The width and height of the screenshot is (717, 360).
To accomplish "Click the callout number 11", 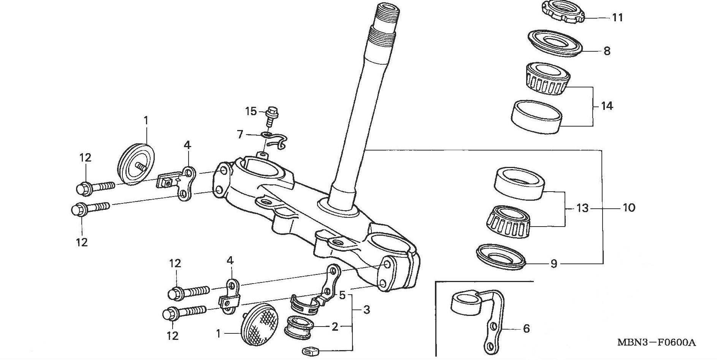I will click(x=617, y=18).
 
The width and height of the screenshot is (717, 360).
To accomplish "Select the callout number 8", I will click(x=607, y=51).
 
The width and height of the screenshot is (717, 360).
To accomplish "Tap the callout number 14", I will click(x=607, y=106).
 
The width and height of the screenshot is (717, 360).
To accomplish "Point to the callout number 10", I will click(x=629, y=208).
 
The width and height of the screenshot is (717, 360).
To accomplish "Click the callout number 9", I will click(x=554, y=263).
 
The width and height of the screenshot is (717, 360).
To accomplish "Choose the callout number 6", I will click(x=526, y=328).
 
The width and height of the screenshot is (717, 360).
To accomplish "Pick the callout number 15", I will click(x=251, y=111).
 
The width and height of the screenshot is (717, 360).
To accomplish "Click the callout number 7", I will click(x=240, y=134).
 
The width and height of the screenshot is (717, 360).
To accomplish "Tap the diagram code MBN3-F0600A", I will click(x=656, y=343).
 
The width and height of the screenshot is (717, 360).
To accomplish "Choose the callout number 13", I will click(x=582, y=208).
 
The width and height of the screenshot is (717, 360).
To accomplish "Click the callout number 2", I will click(x=335, y=327).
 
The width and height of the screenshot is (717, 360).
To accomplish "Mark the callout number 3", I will click(x=366, y=310).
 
